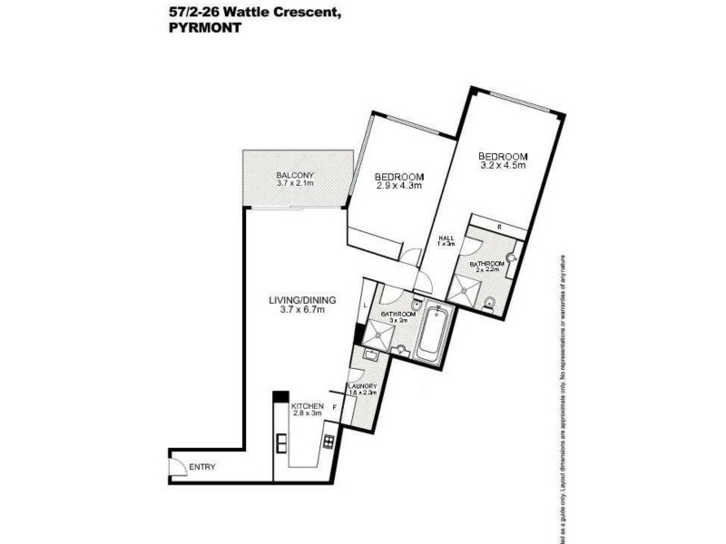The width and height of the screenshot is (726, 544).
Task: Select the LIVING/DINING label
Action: tap(296, 299)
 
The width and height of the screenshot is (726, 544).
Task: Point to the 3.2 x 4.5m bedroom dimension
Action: tap(504, 165)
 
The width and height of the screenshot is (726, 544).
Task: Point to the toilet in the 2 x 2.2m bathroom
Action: tap(490, 302)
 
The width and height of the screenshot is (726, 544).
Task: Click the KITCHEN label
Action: tap(308, 407)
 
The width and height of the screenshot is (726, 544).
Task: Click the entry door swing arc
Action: tap(179, 464)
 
